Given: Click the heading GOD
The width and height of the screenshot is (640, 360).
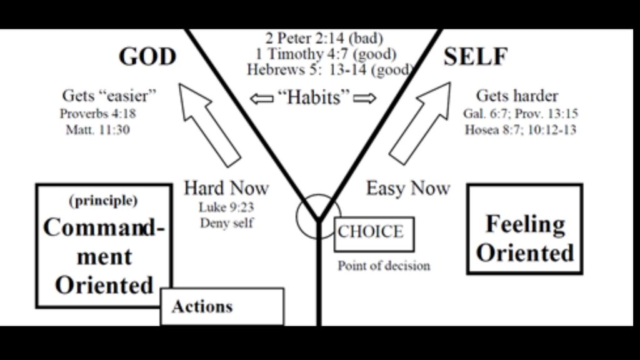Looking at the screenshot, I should [x=147, y=57].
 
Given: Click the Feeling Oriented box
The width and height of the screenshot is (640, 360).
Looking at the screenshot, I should [x=525, y=239].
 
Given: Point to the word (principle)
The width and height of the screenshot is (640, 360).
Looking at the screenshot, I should [x=103, y=201].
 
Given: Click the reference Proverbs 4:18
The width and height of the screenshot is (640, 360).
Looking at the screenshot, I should [x=98, y=114].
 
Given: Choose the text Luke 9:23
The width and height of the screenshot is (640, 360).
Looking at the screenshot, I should [x=227, y=207].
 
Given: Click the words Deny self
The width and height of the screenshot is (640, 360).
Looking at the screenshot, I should [x=227, y=223].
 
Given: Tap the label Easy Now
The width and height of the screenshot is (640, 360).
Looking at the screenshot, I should [x=407, y=188].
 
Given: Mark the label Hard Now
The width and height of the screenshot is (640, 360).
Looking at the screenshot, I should [x=226, y=187].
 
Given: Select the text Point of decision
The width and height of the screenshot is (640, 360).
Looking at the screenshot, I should [x=384, y=266].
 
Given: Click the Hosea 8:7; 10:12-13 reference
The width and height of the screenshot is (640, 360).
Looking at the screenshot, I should [x=520, y=130].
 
